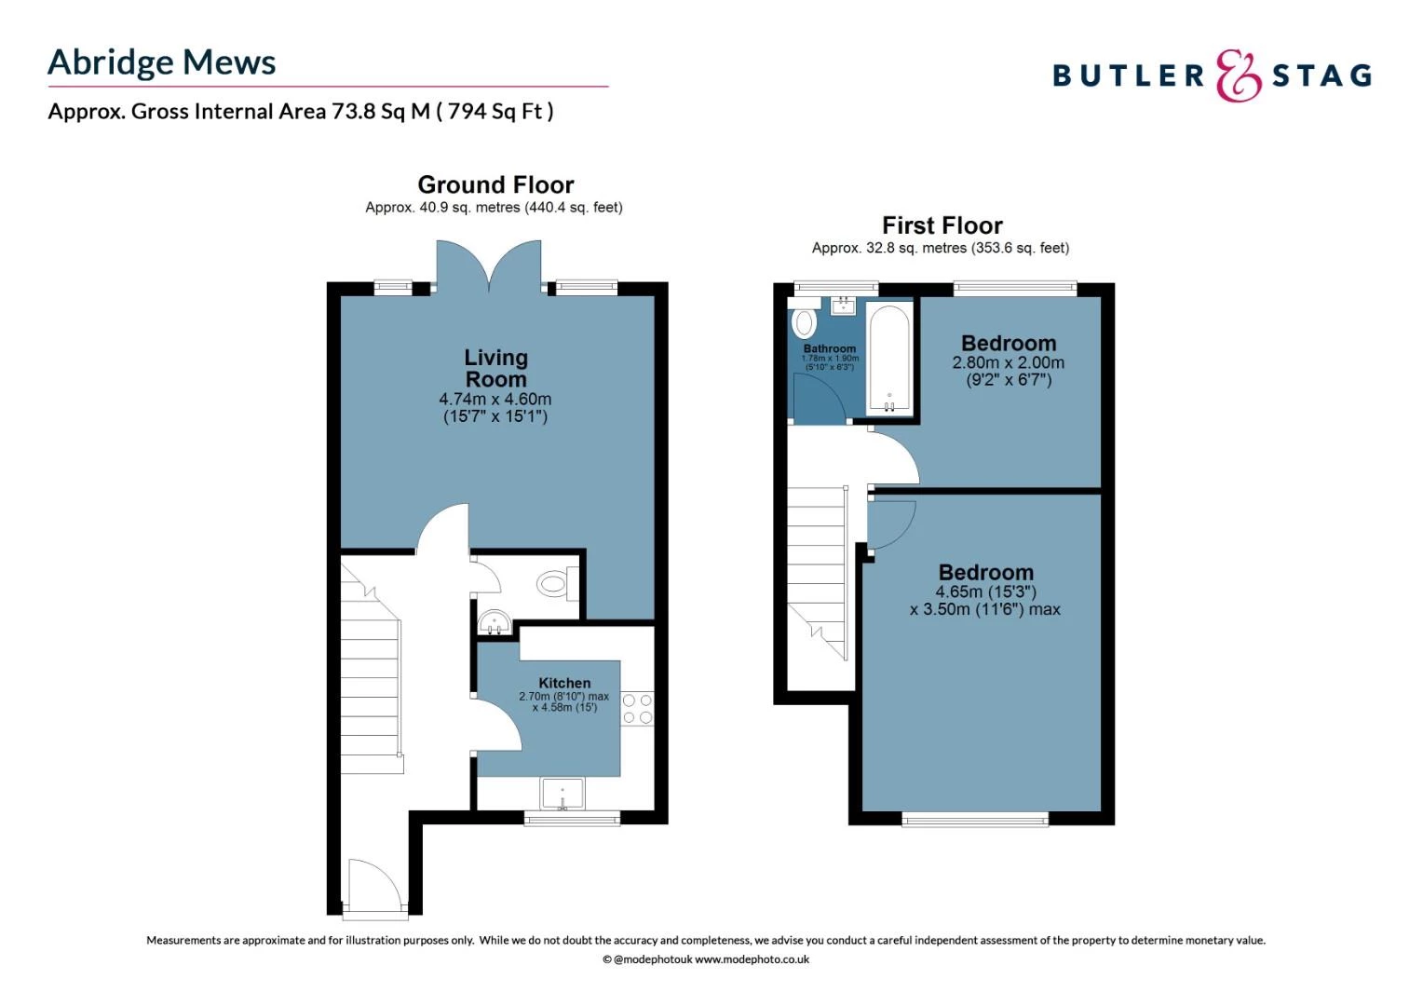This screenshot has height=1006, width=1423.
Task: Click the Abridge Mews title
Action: point(161,62)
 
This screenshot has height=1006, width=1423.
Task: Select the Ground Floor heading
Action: point(495,184)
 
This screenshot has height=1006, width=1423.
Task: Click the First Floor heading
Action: point(942,225)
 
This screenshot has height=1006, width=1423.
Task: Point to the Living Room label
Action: point(495,368)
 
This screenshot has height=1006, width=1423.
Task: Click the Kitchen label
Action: point(564,683)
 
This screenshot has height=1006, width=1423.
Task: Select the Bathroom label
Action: point(829,348)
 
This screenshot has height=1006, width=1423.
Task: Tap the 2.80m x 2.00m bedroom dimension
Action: point(1008,362)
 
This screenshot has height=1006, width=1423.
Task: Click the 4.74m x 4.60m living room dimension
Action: point(495,399)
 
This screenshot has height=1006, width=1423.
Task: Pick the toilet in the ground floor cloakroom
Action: point(554,585)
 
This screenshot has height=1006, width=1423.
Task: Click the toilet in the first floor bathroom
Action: point(804,322)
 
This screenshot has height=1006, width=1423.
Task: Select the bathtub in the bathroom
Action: point(889,359)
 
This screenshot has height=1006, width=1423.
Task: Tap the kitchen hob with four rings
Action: point(637,708)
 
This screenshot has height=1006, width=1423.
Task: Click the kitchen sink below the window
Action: point(562,794)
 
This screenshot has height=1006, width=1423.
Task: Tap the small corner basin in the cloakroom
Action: point(492,621)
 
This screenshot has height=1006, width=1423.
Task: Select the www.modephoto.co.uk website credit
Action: point(752,959)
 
